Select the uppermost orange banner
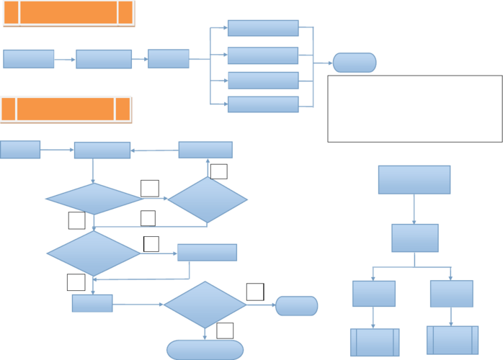(x=68, y=13)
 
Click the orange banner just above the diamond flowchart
(x=66, y=109)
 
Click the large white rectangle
(x=415, y=109)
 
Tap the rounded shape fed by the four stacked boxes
(x=355, y=63)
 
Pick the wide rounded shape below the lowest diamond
(x=205, y=349)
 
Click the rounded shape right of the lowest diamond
(x=296, y=305)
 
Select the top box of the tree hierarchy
(x=414, y=179)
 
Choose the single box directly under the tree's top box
(x=414, y=238)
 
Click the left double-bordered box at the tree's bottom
(x=375, y=342)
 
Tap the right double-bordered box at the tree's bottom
(x=453, y=340)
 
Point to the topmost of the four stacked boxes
(x=263, y=28)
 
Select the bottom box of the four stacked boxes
(x=263, y=104)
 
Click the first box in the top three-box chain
(x=29, y=59)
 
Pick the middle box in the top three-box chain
(x=104, y=59)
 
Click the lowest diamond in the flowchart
(x=205, y=305)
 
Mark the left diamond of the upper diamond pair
(x=93, y=199)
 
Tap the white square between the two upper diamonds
(x=150, y=189)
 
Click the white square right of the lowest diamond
(x=255, y=292)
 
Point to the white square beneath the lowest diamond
(x=225, y=330)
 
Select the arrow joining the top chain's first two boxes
(x=65, y=59)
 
